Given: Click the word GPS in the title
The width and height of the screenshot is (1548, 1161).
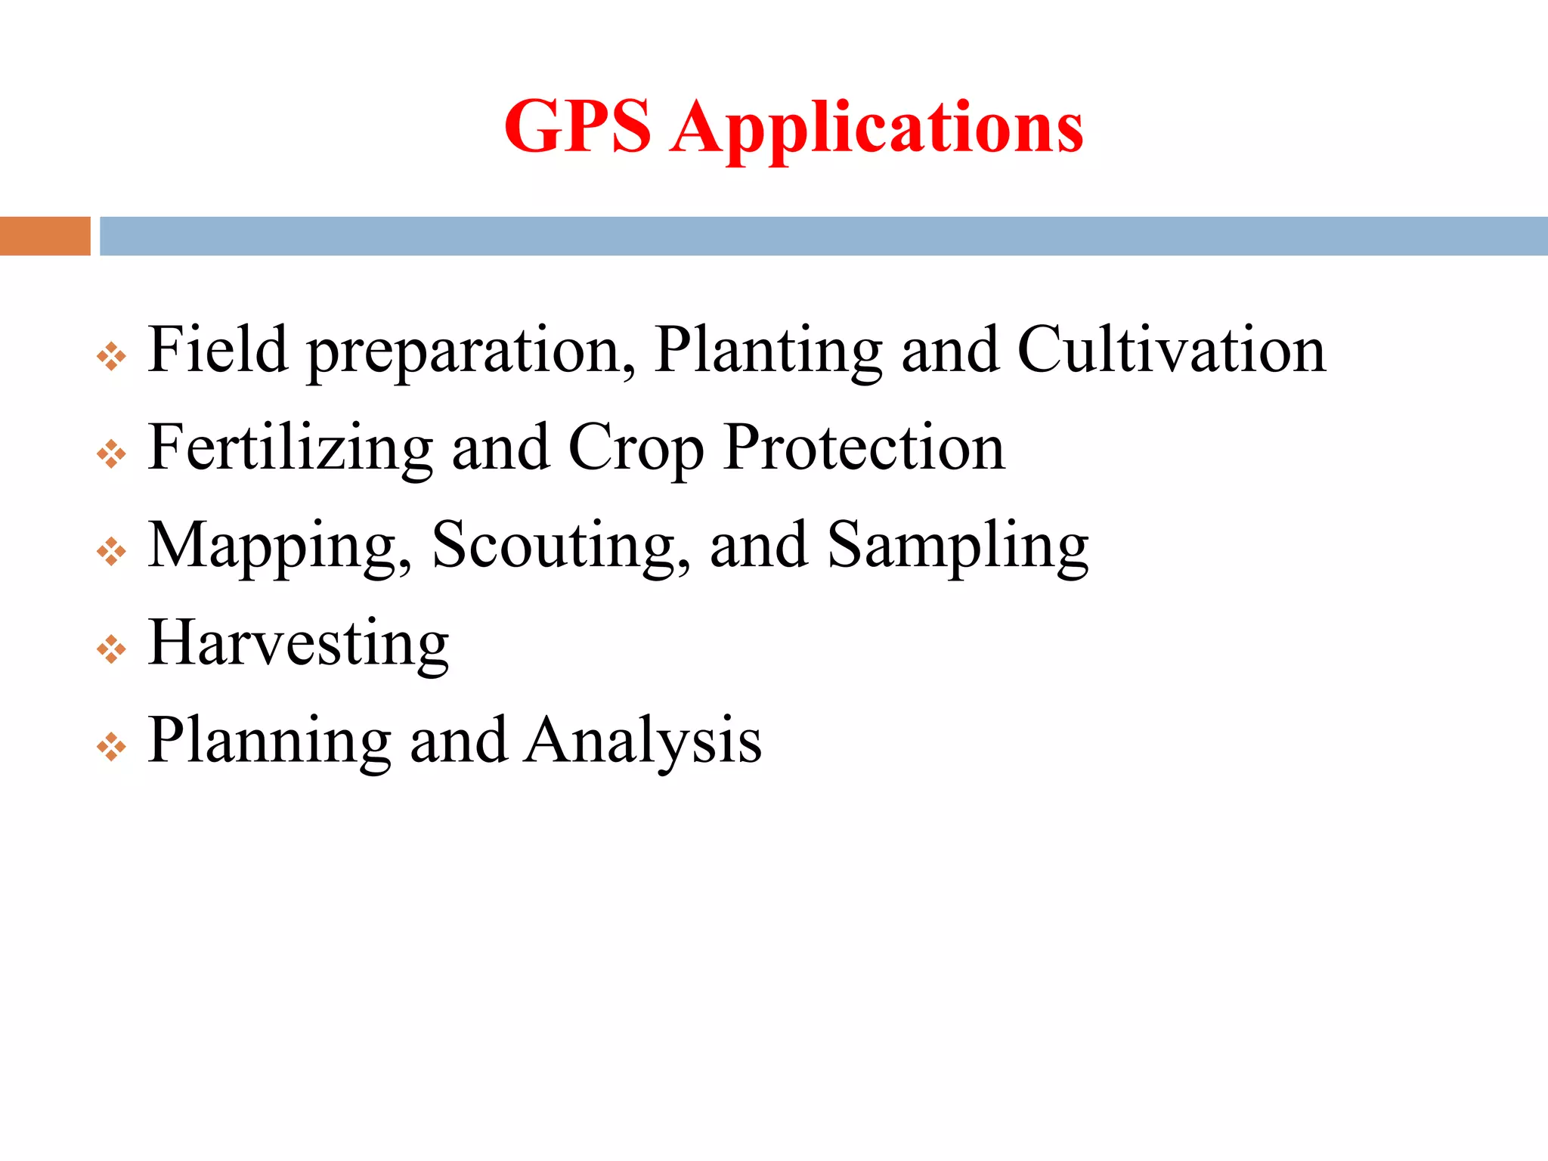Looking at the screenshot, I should [x=577, y=126].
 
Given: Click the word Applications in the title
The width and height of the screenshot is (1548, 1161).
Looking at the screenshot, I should [x=877, y=128].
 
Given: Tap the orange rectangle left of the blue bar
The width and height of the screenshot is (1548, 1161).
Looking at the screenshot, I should [x=45, y=236].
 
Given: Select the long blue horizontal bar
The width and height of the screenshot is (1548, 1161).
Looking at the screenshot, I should [x=823, y=236].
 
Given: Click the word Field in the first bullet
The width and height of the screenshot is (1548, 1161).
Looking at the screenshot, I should [x=218, y=349].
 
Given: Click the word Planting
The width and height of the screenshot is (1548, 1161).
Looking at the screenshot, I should [x=768, y=351].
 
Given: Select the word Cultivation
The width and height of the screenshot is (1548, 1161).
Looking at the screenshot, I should [x=1172, y=349].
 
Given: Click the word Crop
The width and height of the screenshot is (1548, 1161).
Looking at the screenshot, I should [x=636, y=450].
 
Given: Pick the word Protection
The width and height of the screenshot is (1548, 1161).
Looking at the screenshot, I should [x=864, y=447].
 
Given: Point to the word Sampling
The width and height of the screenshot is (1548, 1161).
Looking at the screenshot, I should [x=958, y=547].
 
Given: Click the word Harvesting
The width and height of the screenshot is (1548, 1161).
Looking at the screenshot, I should [x=299, y=644].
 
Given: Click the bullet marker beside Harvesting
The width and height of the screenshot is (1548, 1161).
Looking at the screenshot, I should [x=111, y=649].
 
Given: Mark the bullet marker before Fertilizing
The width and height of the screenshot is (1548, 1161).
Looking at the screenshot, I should [x=111, y=454].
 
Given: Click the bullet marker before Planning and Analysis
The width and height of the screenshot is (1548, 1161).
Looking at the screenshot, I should [x=111, y=747].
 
